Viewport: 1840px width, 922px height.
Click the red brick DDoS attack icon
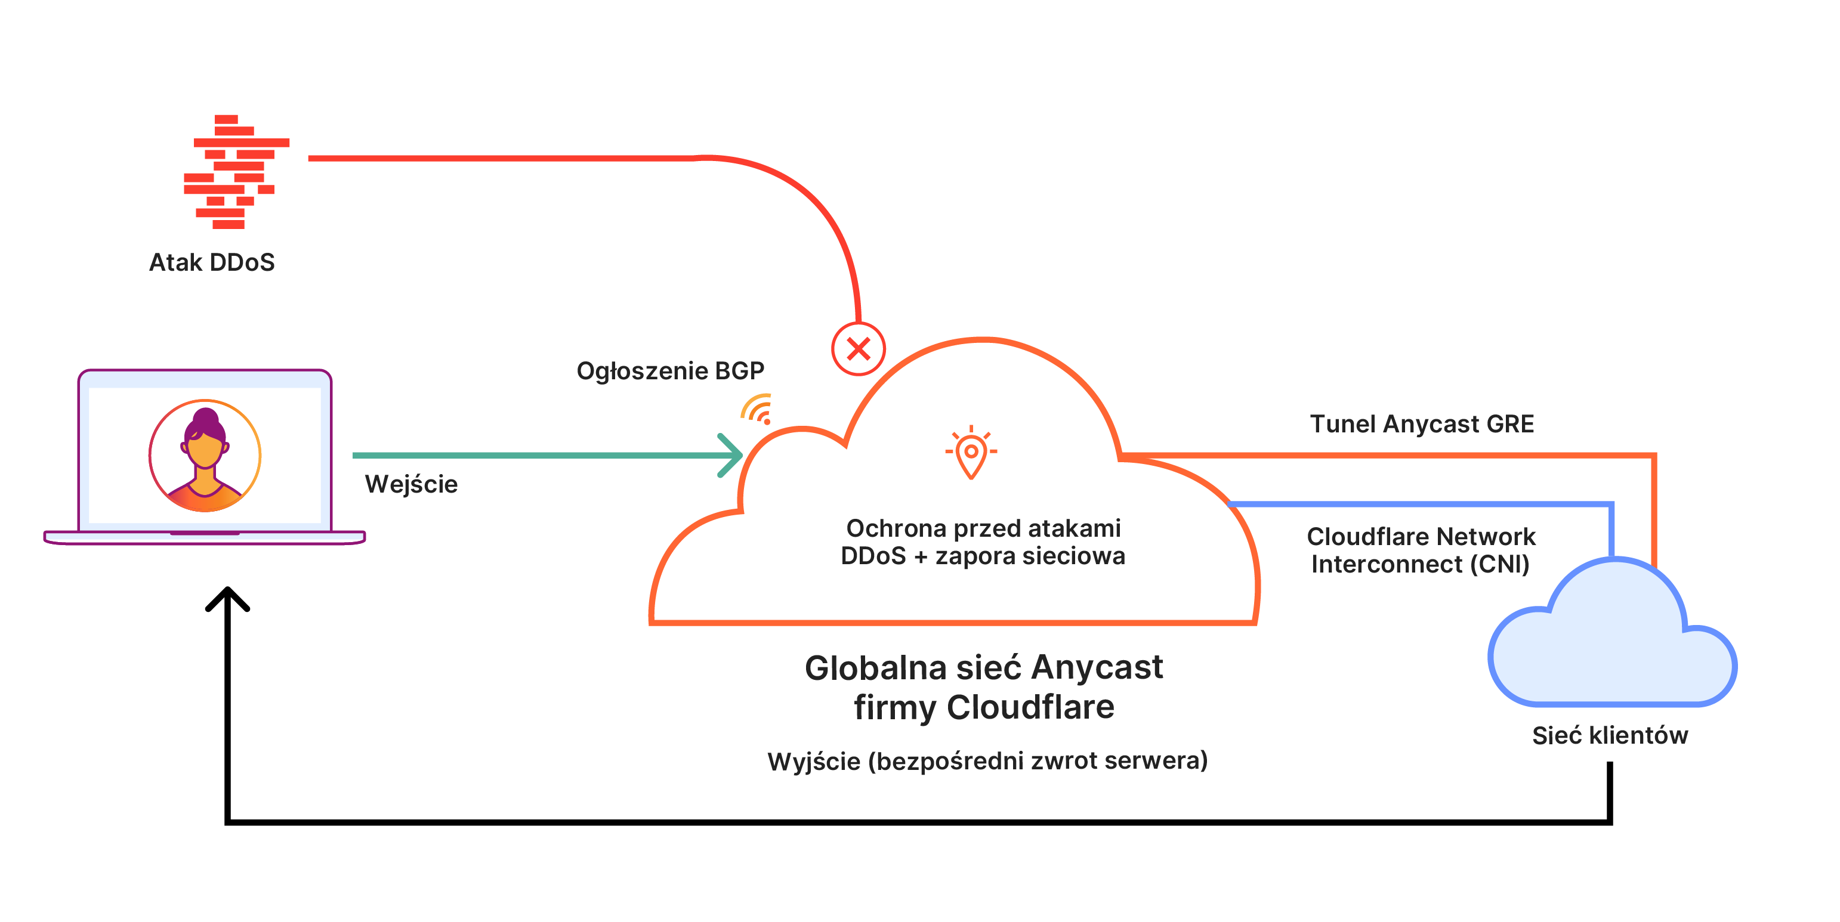[236, 171]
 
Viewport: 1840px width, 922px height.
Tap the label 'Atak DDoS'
[211, 262]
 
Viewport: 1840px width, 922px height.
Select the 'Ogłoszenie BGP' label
[670, 372]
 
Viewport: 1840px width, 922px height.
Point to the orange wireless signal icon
[757, 409]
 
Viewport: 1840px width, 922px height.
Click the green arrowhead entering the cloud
[731, 455]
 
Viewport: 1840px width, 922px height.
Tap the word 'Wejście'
[412, 484]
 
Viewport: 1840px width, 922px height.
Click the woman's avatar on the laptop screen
[205, 456]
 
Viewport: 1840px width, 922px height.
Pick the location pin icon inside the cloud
[971, 452]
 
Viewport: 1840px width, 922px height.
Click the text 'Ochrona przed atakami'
[983, 528]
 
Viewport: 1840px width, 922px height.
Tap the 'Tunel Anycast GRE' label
[1421, 424]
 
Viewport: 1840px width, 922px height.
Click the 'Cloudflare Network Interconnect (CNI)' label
[1421, 550]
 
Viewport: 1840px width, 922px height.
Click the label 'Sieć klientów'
[1610, 735]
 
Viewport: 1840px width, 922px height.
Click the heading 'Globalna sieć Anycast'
[984, 668]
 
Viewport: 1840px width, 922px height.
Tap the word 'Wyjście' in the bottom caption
[814, 762]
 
